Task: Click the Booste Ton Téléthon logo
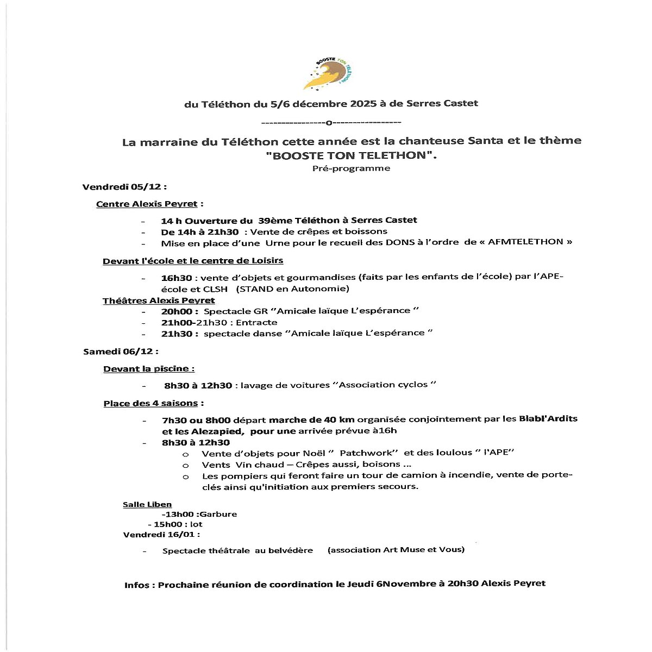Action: pos(328,74)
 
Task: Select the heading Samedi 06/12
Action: pos(120,352)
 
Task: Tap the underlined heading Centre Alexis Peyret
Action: pos(147,204)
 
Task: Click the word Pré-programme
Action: pos(351,168)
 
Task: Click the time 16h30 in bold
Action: pos(176,278)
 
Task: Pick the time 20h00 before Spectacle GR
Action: pos(177,311)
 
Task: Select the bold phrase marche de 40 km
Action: pos(311,419)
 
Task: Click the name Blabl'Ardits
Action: pos(548,419)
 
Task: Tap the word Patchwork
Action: pos(369,453)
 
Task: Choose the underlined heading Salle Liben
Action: pos(147,505)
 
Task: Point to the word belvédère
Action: pos(291,550)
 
